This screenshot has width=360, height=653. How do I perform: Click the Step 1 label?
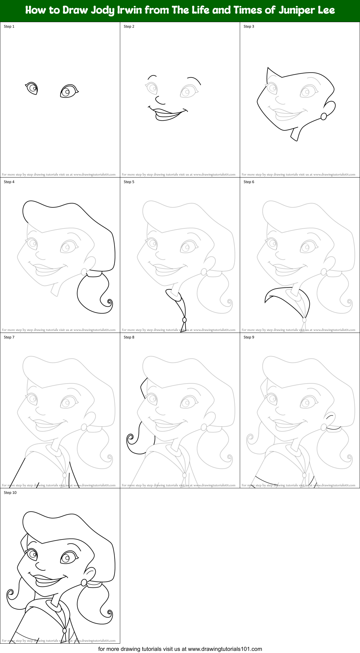[x=9, y=26]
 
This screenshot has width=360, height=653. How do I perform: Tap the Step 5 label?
[x=129, y=182]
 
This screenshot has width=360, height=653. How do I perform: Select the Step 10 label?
[x=10, y=493]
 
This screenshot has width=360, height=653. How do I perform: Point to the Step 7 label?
[x=9, y=337]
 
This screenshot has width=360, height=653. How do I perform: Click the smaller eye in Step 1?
[x=32, y=88]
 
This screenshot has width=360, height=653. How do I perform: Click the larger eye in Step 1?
[x=68, y=91]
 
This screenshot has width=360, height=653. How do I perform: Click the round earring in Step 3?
[x=324, y=116]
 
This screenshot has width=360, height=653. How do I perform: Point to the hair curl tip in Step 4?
[x=109, y=302]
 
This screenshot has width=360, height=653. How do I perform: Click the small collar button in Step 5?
[x=184, y=320]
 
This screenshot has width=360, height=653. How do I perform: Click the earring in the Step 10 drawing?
[x=84, y=582]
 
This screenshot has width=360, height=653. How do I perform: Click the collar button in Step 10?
[x=64, y=630]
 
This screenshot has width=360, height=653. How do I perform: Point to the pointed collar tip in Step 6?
[x=266, y=301]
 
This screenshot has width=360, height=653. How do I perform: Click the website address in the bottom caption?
[x=225, y=649]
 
